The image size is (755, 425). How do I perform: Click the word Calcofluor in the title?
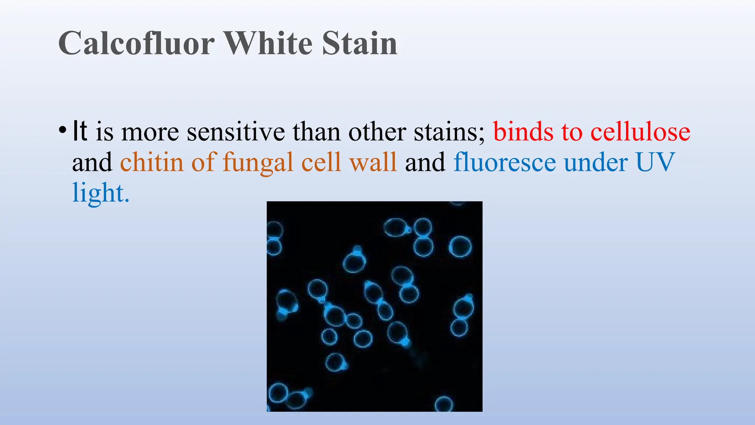click(136, 44)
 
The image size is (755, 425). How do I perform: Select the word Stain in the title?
click(359, 44)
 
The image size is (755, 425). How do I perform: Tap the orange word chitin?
click(152, 162)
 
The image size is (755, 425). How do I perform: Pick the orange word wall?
click(373, 162)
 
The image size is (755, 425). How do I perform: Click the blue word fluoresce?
click(504, 162)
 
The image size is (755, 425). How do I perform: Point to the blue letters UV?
click(655, 162)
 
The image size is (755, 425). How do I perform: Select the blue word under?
click(595, 162)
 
